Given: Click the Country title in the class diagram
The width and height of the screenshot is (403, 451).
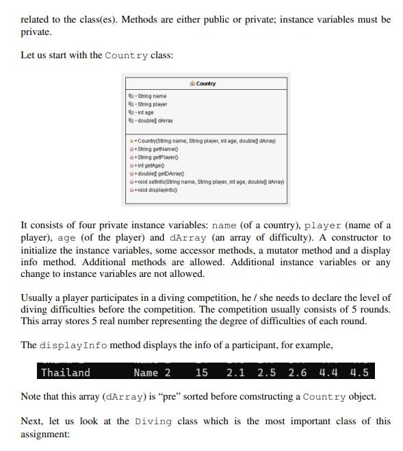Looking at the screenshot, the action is (205, 84).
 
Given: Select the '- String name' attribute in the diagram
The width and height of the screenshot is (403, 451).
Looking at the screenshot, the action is (151, 96).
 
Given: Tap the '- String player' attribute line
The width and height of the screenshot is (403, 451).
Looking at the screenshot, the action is (152, 104).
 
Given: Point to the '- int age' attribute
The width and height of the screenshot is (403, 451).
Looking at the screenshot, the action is (146, 112).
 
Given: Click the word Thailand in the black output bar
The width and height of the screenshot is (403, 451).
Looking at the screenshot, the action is (66, 372).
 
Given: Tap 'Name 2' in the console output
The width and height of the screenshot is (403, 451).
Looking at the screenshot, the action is (152, 372).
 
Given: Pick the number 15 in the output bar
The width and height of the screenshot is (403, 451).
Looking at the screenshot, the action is (201, 372).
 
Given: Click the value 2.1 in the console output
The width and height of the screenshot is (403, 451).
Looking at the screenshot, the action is (235, 372).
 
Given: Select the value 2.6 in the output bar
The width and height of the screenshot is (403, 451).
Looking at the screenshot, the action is (298, 372).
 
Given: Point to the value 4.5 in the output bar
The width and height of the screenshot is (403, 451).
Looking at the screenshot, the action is (359, 372).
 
